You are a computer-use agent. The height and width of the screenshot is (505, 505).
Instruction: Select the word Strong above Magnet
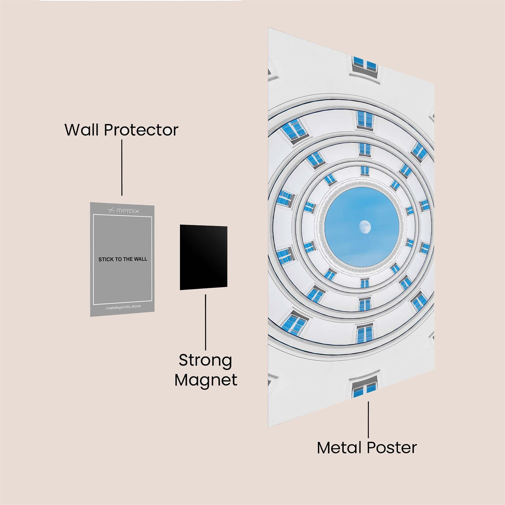tap(206, 361)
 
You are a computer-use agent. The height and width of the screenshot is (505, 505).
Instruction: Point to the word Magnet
tap(206, 380)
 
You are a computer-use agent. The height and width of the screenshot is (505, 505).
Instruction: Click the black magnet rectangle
tap(203, 258)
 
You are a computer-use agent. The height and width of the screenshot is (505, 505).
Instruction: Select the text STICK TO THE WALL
tap(123, 259)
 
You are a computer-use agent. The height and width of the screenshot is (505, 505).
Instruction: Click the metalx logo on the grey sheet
tap(123, 210)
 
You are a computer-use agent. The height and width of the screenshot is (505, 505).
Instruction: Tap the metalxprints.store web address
tap(123, 307)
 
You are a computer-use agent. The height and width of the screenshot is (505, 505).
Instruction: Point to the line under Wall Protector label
tap(122, 167)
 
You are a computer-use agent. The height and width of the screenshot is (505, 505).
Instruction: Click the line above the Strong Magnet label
tap(206, 322)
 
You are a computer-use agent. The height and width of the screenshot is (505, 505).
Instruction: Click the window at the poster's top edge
tap(365, 65)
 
